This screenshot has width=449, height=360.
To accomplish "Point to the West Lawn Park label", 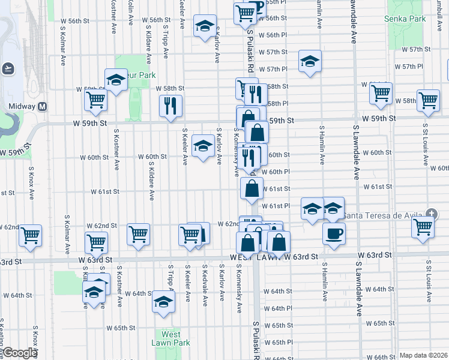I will click(170, 338).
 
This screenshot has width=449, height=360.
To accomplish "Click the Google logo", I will click(19, 353).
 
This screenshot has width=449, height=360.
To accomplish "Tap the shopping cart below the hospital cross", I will click(423, 227).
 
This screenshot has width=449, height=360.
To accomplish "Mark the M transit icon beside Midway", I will click(43, 106).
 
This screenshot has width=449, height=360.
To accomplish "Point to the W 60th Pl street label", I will click(280, 172).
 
